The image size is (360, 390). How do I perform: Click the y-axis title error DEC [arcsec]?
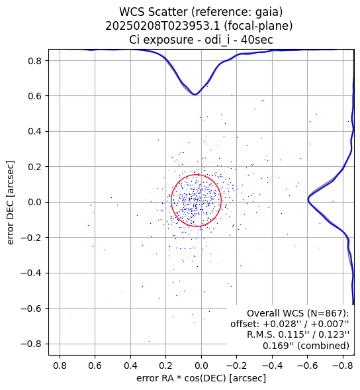[10, 203]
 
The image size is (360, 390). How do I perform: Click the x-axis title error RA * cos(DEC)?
[181, 378]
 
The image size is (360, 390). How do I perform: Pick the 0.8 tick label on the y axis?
[34, 61]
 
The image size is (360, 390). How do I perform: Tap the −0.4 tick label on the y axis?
[31, 273]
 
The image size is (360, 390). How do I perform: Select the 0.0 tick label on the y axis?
[34, 202]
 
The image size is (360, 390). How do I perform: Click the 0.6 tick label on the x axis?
[95, 366]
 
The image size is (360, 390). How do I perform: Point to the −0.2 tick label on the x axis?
[237, 366]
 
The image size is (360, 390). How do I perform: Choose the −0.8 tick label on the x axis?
[343, 366]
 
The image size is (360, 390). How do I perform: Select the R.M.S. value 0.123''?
[334, 335]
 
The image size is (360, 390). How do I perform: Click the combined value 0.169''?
[278, 346]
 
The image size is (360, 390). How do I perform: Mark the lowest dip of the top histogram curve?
[195, 95]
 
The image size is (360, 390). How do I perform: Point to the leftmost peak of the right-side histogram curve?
[308, 200]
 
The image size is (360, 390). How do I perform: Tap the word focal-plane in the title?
[258, 26]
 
